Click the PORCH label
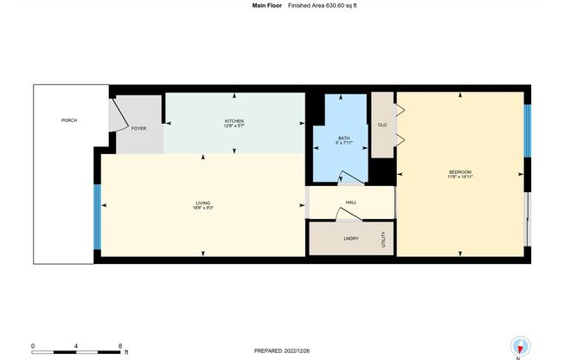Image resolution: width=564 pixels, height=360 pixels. click(69, 119)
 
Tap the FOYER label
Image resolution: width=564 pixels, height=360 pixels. click(138, 128)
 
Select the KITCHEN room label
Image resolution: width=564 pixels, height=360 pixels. click(234, 120)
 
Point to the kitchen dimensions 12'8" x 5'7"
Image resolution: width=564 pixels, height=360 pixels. click(234, 126)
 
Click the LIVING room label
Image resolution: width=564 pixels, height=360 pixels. click(203, 202)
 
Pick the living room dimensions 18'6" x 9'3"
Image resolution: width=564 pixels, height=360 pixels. click(203, 209)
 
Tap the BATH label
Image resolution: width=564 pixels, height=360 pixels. click(344, 138)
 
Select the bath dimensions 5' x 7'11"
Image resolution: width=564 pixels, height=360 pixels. click(344, 144)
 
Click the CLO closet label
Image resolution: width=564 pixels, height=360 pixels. click(381, 125)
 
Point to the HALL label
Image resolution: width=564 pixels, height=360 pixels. click(351, 202)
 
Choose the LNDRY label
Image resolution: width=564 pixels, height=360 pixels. click(351, 238)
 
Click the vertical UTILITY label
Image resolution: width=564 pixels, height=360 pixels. click(384, 237)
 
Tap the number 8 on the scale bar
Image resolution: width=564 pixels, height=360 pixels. click(120, 345)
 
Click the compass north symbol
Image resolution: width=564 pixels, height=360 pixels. click(519, 343)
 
